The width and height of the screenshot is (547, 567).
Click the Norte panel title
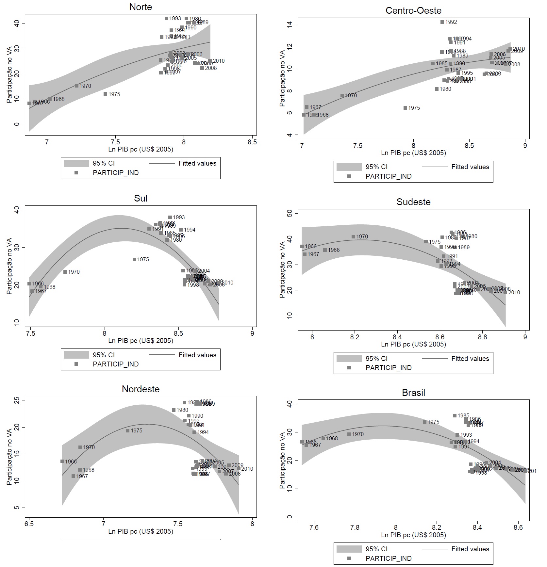[x=141, y=7]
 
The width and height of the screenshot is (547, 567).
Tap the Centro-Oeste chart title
[x=413, y=10]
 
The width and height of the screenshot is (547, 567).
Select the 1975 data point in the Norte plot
[x=106, y=94]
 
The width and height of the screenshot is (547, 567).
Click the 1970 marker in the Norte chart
[x=76, y=86]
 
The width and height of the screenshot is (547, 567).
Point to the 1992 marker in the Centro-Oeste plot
[x=442, y=22]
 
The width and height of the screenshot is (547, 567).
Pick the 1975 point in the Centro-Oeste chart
[x=405, y=108]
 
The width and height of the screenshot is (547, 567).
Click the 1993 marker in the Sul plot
[x=170, y=218]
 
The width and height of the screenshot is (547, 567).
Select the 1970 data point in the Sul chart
[x=65, y=272]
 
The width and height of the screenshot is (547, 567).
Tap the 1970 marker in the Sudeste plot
[x=353, y=237]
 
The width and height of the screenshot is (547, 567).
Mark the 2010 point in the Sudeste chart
[x=505, y=293]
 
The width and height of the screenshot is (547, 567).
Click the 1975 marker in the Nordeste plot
[x=127, y=431]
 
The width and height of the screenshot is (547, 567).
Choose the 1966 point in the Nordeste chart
[x=62, y=462]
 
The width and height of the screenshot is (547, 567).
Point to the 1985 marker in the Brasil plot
[x=455, y=416]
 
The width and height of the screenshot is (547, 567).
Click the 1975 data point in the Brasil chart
[x=424, y=422]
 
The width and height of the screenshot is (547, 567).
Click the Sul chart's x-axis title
[x=141, y=341]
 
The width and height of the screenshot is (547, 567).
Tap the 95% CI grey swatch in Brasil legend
[x=349, y=549]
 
